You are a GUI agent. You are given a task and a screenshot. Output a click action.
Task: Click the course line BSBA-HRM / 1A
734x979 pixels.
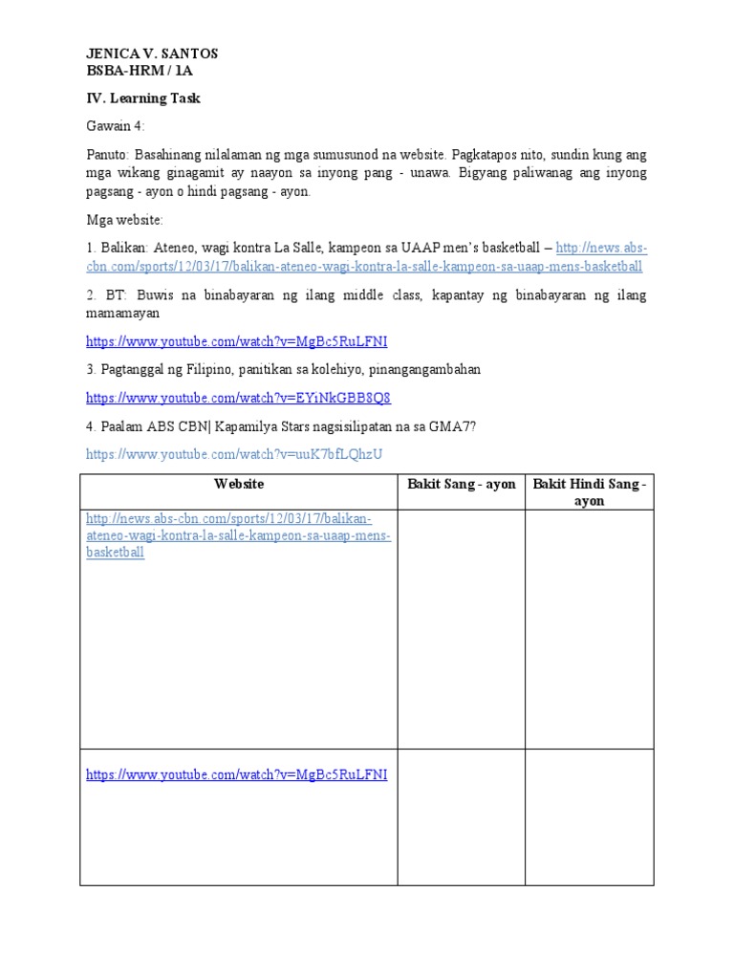click(140, 70)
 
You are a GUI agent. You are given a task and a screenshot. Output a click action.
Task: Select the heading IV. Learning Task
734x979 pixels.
click(143, 98)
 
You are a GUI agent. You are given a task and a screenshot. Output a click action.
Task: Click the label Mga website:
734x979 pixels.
click(125, 220)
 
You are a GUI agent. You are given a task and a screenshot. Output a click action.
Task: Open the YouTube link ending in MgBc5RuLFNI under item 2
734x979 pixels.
click(236, 341)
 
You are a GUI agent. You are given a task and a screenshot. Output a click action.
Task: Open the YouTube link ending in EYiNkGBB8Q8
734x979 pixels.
click(238, 398)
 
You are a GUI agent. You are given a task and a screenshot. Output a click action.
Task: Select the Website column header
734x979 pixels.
click(239, 485)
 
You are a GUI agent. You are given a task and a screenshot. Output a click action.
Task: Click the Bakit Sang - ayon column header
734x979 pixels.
click(461, 485)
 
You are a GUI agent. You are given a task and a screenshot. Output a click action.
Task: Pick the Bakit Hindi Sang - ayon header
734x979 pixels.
click(589, 492)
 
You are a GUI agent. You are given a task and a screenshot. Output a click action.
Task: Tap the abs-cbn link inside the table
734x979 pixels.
click(238, 535)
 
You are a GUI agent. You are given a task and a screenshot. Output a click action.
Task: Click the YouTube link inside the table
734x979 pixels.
click(236, 774)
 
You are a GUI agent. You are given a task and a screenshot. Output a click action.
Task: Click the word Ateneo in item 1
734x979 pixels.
click(176, 249)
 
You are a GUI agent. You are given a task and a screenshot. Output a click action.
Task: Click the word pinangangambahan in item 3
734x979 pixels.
click(421, 369)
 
